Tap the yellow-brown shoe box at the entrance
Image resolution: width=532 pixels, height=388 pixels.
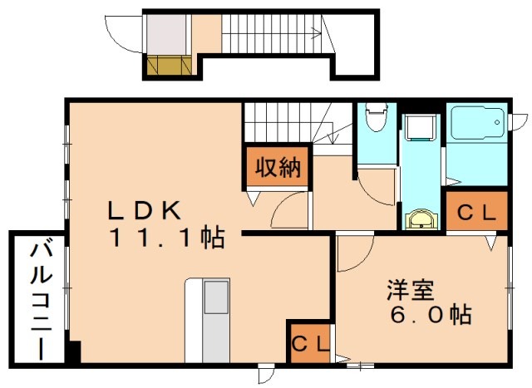click(169, 64)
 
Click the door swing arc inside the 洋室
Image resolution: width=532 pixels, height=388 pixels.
click(351, 257)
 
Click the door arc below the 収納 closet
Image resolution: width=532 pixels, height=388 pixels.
click(290, 207)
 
